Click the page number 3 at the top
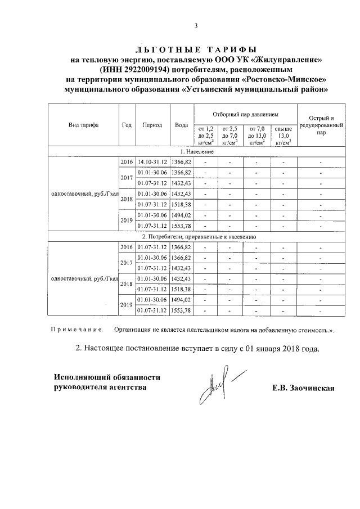tap(196, 26)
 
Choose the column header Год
tap(127, 125)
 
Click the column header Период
tap(152, 125)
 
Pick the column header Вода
tap(181, 125)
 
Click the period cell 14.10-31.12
tap(152, 162)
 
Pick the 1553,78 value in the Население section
tap(181, 226)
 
